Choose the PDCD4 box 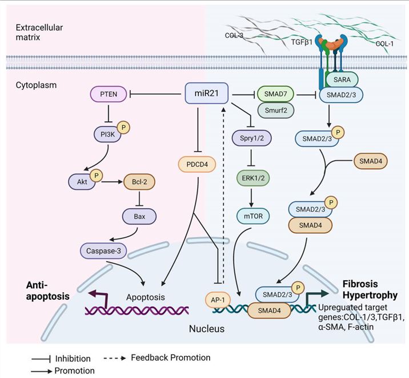click(x=196, y=166)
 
